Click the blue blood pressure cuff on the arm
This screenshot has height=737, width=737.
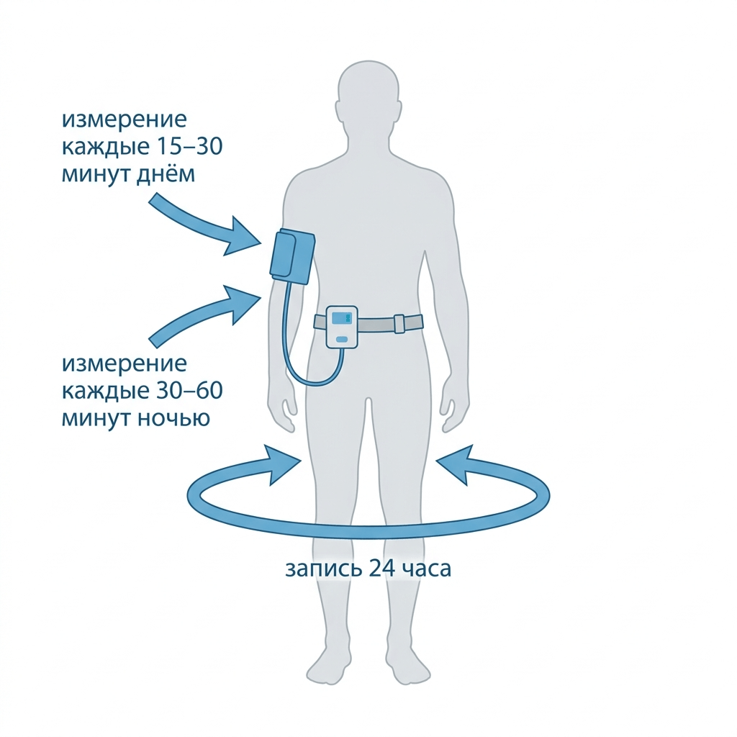point(292,257)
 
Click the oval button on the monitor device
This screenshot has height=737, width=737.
point(342,339)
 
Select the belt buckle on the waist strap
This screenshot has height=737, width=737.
point(399,323)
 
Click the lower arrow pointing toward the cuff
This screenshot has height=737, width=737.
point(205,316)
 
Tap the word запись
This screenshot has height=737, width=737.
point(324,569)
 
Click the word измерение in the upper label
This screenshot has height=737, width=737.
point(124,120)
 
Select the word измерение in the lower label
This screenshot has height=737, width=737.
point(124,363)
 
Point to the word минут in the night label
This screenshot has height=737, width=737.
point(97,418)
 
